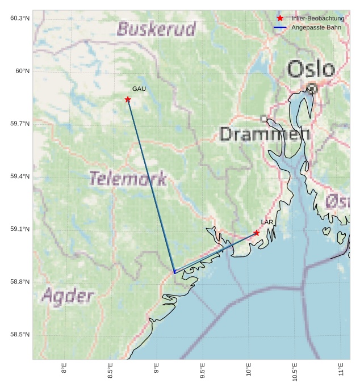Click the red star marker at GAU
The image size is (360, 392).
tap(128, 100)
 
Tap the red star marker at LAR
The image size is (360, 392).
tap(257, 233)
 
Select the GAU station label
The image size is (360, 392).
tap(139, 89)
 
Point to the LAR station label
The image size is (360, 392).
tap(267, 222)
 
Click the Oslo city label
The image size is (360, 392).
tap(311, 69)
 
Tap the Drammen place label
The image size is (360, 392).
tap(265, 134)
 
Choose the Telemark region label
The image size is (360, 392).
tap(128, 179)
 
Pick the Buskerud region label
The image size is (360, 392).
tap(156, 29)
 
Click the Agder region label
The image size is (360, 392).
tap(68, 296)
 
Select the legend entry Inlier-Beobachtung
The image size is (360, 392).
tap(317, 18)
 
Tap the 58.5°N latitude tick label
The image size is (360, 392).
tap(20, 335)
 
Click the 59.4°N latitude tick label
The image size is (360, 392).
tap(20, 176)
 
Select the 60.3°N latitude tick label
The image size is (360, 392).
tap(20, 18)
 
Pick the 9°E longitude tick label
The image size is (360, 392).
tap(156, 370)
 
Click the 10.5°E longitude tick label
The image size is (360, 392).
tap(295, 372)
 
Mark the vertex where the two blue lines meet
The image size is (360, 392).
tap(174, 273)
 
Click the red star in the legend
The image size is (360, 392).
tap(280, 18)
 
